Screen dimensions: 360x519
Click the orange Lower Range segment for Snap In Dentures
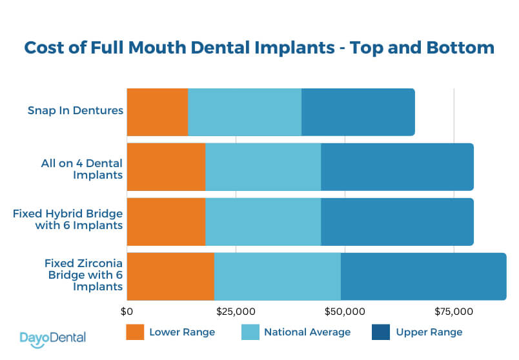[157, 112]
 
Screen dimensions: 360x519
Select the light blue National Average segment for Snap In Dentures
[244, 112]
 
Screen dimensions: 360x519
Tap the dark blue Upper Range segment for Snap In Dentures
[358, 112]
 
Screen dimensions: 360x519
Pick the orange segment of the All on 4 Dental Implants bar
[166, 167]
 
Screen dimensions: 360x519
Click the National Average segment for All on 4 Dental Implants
[263, 167]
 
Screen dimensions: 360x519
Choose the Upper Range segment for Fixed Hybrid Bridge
[397, 222]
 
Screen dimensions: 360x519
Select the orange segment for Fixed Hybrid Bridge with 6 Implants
[166, 222]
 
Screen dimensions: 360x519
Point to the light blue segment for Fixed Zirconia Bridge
[277, 277]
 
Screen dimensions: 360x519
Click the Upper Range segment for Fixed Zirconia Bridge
[423, 277]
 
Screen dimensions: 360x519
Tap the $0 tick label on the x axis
[127, 312]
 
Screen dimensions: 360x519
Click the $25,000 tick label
[236, 312]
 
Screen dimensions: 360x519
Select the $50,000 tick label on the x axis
[345, 312]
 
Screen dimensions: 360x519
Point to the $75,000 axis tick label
[454, 312]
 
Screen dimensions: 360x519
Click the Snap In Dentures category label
[75, 110]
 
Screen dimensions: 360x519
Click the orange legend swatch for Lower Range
[134, 332]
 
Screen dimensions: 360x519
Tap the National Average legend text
[307, 332]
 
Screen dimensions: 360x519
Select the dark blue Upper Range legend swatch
[380, 332]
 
